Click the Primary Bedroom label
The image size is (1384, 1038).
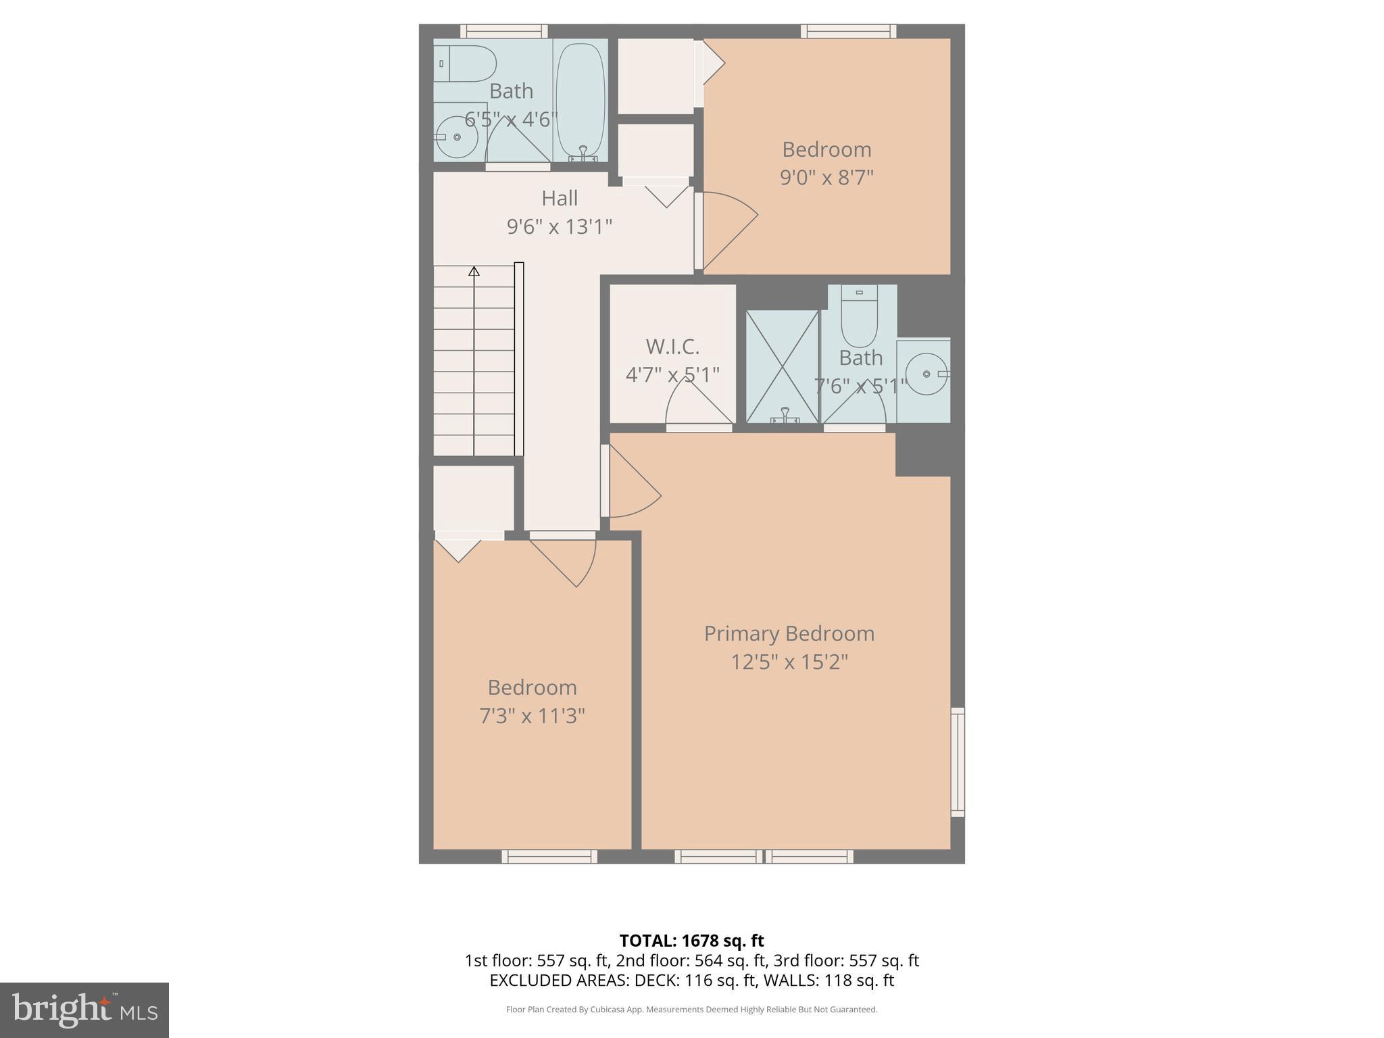[x=789, y=633]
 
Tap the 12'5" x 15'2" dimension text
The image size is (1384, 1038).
[x=789, y=662]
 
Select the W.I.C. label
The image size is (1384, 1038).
[x=672, y=347]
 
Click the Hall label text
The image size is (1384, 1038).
[x=560, y=198]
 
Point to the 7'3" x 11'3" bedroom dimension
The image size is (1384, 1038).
[x=532, y=716]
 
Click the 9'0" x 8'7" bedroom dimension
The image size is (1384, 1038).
[x=826, y=178]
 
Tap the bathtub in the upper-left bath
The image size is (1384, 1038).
[x=580, y=100]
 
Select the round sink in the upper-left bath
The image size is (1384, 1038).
[x=457, y=137]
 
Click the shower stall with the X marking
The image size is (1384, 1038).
[x=782, y=367]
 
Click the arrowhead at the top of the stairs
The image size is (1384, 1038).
[x=474, y=272]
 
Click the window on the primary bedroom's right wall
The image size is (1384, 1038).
[x=958, y=762]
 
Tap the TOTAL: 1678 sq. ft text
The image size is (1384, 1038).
[x=691, y=941]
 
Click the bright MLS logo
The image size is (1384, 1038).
[x=84, y=1010]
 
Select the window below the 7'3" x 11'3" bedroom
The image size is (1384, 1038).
[x=549, y=857]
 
